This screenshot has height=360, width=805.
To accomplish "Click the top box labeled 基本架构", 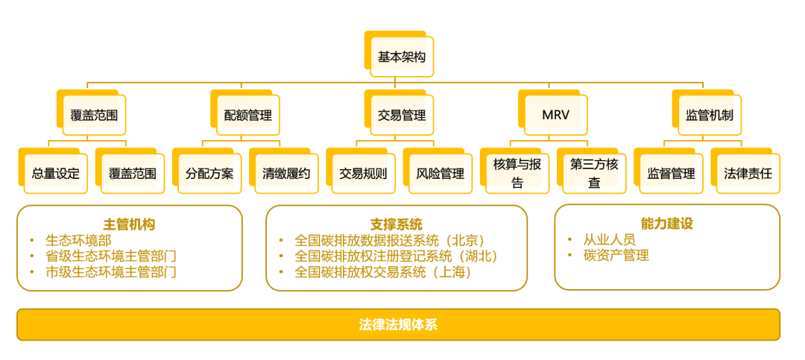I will point(401,57).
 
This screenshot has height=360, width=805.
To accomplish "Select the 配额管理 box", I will point(248,116).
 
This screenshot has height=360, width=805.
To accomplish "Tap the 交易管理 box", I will point(402,116).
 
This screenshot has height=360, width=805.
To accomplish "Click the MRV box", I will point(555,116).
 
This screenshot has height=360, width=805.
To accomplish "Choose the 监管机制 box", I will point(710,116).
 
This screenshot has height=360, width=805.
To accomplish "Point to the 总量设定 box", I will point(55,174).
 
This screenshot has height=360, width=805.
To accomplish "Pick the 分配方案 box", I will point(209,174).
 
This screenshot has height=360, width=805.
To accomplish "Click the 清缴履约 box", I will point(286,174).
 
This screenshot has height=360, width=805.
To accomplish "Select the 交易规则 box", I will point(363,174).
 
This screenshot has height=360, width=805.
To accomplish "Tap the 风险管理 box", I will point(441,174).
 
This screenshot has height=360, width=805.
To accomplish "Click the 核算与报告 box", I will point(517,174).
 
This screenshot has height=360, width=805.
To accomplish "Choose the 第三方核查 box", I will point(594,174).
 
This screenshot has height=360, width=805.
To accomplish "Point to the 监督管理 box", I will point(671,174).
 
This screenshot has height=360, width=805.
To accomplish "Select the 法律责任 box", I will point(748,174).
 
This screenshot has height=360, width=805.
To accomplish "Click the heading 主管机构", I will point(129,224).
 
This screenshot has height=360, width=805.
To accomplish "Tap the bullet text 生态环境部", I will point(78,240).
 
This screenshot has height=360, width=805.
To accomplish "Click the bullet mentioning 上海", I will point(384,272).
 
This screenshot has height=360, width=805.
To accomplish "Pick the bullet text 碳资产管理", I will point(616,256).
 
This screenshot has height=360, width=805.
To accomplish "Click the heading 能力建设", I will point(666,224).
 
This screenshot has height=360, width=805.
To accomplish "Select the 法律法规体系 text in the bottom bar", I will point(398,325).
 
